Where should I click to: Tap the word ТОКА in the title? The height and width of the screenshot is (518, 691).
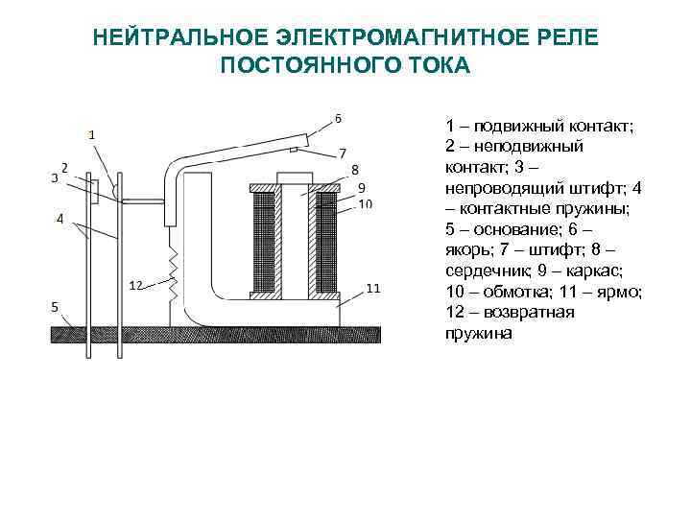(434, 65)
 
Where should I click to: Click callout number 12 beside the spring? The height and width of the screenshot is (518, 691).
(136, 286)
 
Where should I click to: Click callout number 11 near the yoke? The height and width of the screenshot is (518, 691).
(372, 289)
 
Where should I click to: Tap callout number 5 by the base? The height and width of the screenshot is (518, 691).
(55, 307)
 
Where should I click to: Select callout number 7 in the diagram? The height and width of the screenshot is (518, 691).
(343, 153)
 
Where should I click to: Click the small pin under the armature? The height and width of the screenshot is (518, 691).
(294, 151)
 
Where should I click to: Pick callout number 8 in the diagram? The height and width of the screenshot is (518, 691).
(355, 170)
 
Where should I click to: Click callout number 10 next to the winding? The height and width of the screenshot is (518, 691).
(366, 204)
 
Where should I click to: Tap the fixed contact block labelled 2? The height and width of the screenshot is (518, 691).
(94, 191)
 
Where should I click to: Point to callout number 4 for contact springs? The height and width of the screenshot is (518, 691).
(60, 219)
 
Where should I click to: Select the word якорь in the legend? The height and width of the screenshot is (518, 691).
(468, 250)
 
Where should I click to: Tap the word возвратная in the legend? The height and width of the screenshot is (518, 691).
(529, 313)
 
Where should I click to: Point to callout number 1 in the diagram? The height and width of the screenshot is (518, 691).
(92, 135)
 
